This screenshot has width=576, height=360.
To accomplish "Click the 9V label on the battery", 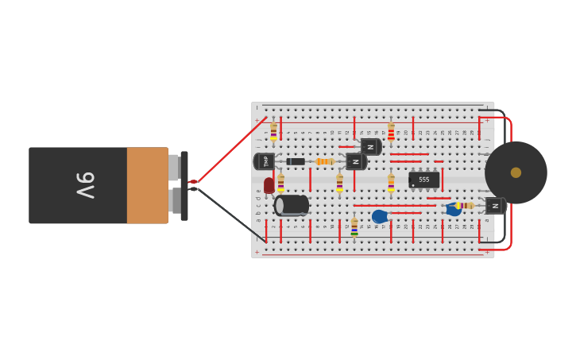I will (x=85, y=185).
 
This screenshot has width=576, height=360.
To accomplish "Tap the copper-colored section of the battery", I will (x=147, y=185).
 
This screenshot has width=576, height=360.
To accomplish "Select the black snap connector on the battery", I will (x=184, y=186).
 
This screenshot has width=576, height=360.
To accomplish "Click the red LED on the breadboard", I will (x=269, y=185).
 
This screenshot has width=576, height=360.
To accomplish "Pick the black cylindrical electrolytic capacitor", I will (x=292, y=206).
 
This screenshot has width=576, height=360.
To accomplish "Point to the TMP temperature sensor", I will (x=265, y=161).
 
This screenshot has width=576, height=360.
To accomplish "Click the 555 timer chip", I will (x=423, y=180).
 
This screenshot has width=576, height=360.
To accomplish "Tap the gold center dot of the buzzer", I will (x=516, y=172).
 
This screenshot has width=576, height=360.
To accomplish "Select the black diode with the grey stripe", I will (x=296, y=161).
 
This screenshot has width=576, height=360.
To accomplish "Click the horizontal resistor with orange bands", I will (x=324, y=161).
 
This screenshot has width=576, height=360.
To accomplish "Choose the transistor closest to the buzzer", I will (x=495, y=206).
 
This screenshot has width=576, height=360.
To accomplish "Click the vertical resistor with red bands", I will (x=391, y=132).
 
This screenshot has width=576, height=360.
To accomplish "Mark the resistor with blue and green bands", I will (x=354, y=228).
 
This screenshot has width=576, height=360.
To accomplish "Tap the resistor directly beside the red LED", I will (x=280, y=182).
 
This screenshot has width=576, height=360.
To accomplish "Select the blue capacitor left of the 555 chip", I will (x=380, y=216).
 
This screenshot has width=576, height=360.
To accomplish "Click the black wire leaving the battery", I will (x=230, y=214).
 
